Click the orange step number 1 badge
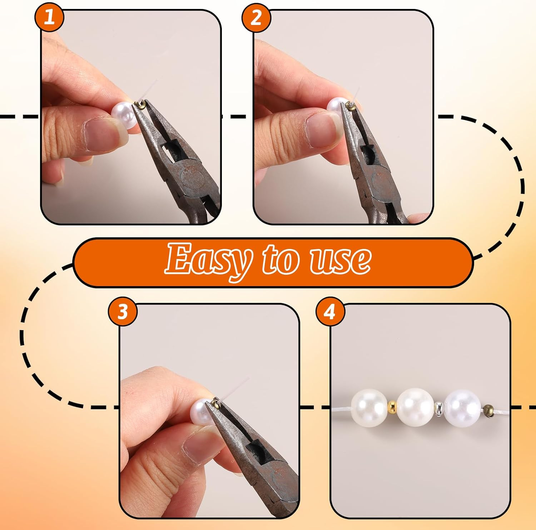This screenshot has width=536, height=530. (x=49, y=17)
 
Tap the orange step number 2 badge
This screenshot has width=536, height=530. (x=256, y=17)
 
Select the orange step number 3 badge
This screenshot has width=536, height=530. (x=123, y=311)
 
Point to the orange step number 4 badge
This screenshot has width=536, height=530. (x=330, y=311)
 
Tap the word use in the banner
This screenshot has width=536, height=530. (x=340, y=261)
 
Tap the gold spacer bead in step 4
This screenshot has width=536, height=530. (x=392, y=407)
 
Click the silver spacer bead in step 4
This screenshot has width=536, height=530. (x=438, y=408)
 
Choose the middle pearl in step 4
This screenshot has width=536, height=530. (x=416, y=407)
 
